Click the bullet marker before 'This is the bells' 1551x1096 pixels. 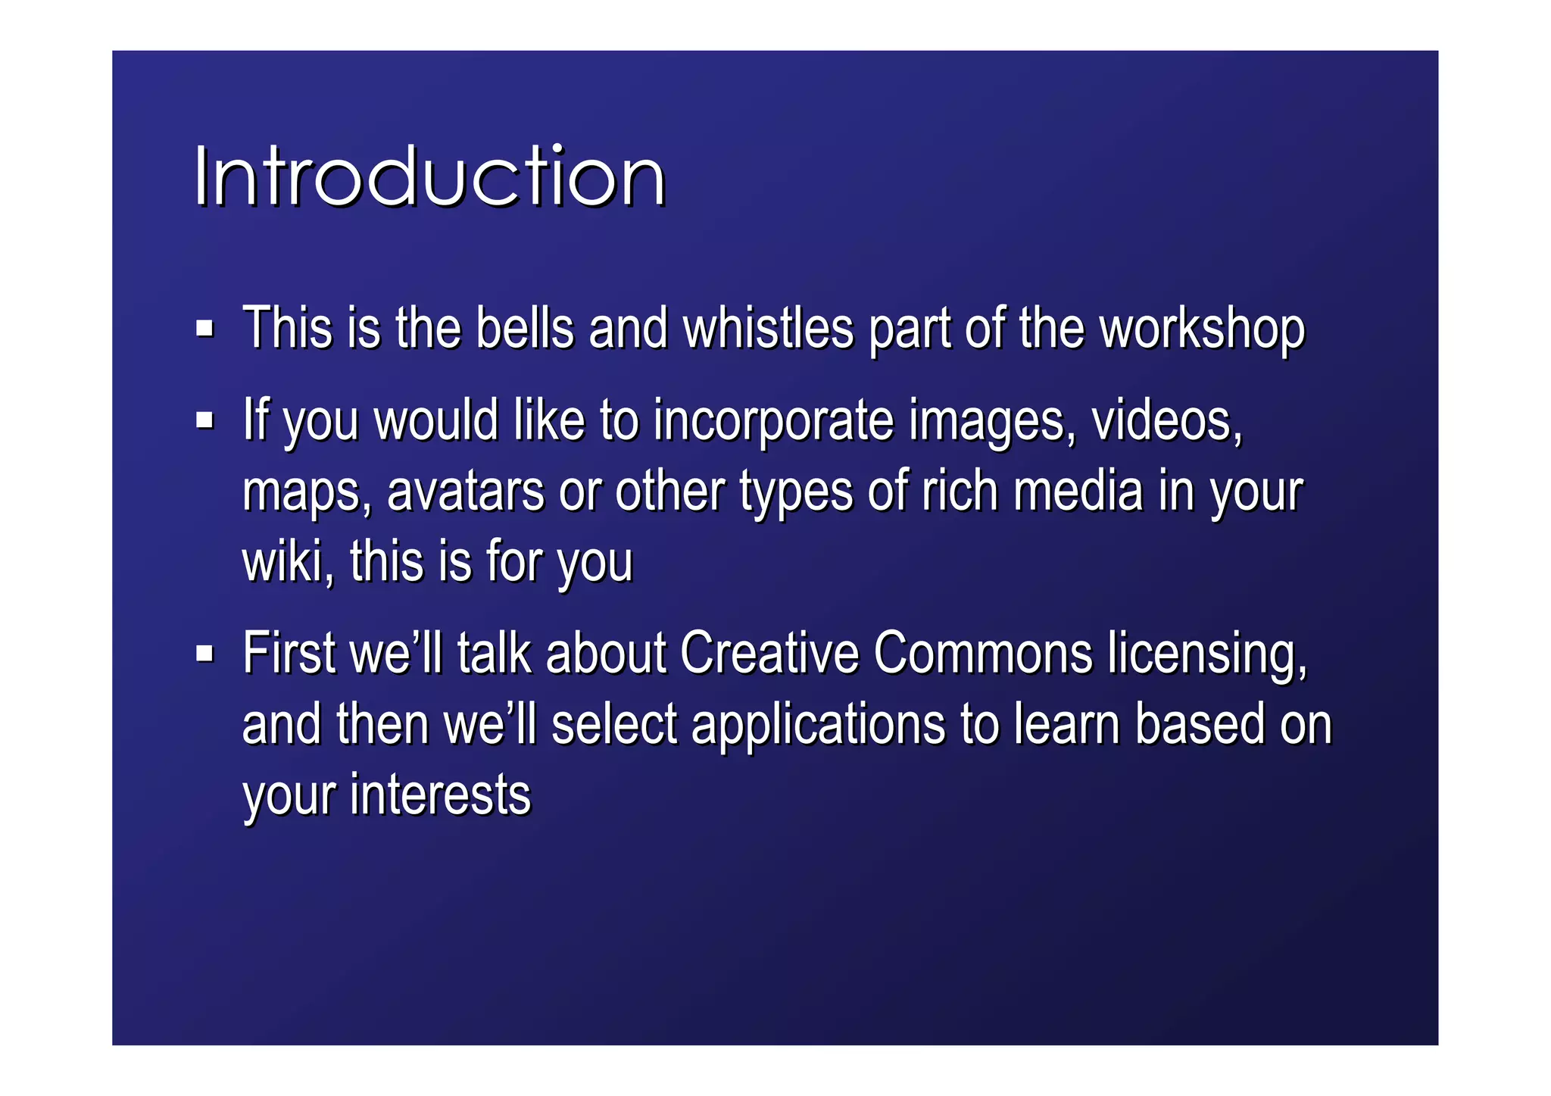coord(204,329)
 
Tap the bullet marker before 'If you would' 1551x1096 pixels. coord(204,420)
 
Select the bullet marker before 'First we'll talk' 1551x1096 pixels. coord(204,653)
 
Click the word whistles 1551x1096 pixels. coord(768,329)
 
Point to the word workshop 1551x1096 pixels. coord(1202,330)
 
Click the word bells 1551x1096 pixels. coord(524,329)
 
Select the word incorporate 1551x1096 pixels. coord(773,421)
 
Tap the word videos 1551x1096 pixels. coord(1166,421)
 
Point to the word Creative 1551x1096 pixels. coord(768,653)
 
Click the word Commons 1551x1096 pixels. coord(982,653)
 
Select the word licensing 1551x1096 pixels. coord(1206,654)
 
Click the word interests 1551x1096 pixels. coord(440,795)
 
